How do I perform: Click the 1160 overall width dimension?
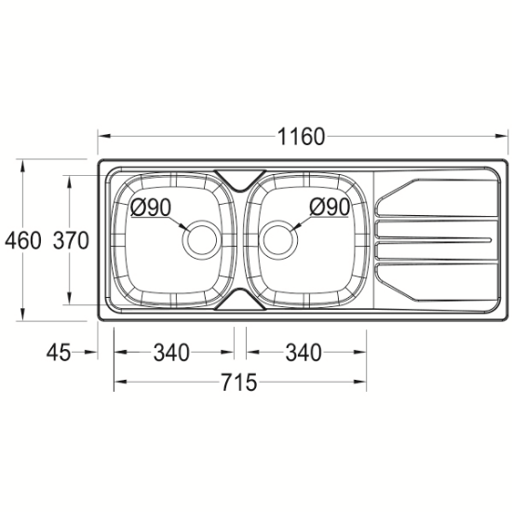[x=301, y=137]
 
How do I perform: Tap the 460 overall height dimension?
[x=23, y=240]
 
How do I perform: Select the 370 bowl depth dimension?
[x=71, y=240]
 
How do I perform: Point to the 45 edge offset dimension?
[x=59, y=353]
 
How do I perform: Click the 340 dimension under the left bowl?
[x=171, y=353]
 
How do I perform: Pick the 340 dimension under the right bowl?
[x=303, y=353]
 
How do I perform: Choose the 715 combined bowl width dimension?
[x=239, y=382]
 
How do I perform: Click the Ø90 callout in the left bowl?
[x=151, y=207]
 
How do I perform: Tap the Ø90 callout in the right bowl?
[x=330, y=207]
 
